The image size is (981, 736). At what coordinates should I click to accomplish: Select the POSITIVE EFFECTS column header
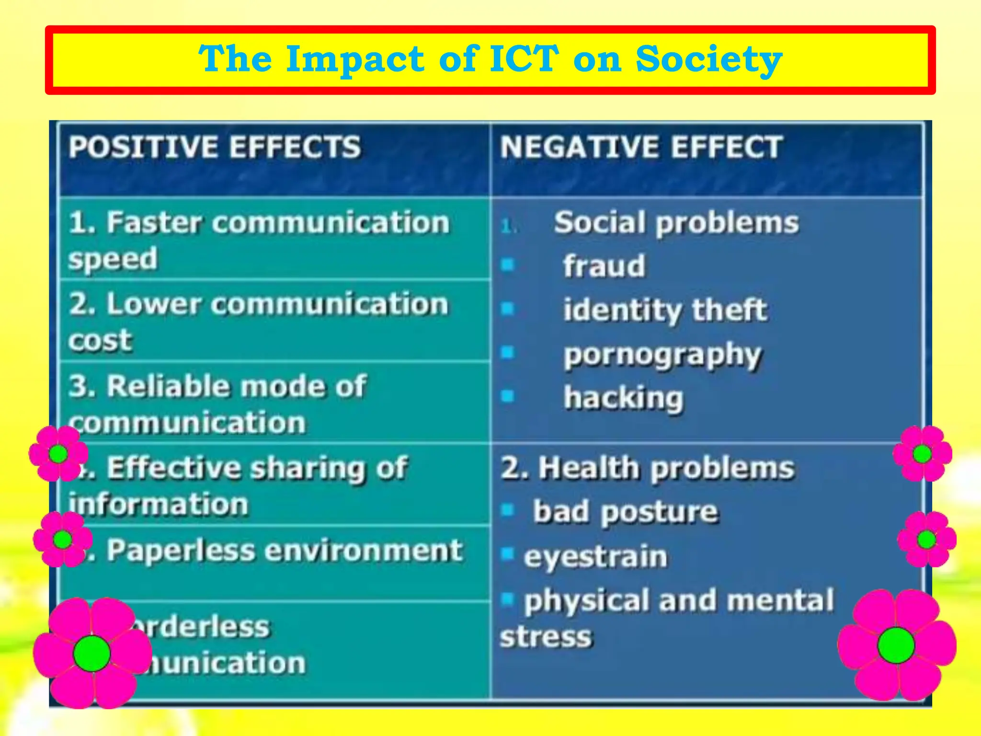pyautogui.click(x=214, y=147)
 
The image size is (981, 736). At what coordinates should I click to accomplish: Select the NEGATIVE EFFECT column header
pyautogui.click(x=641, y=147)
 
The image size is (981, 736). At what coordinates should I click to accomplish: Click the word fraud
pyautogui.click(x=604, y=266)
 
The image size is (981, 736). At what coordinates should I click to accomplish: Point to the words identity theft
pyautogui.click(x=665, y=310)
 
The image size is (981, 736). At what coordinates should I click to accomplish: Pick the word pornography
pyautogui.click(x=662, y=355)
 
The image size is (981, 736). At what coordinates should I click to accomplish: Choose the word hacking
pyautogui.click(x=623, y=398)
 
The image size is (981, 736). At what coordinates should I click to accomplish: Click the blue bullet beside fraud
pyautogui.click(x=507, y=264)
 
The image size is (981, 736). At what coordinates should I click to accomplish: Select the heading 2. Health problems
pyautogui.click(x=647, y=468)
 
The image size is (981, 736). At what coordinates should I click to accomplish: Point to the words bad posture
pyautogui.click(x=626, y=512)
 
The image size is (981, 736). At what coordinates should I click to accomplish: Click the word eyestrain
pyautogui.click(x=595, y=557)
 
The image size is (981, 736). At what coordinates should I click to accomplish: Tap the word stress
pyautogui.click(x=546, y=637)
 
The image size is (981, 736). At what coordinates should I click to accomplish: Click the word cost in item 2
pyautogui.click(x=100, y=341)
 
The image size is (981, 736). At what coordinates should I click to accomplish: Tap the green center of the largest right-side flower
pyautogui.click(x=896, y=645)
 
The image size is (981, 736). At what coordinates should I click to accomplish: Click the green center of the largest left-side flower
pyautogui.click(x=91, y=654)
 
